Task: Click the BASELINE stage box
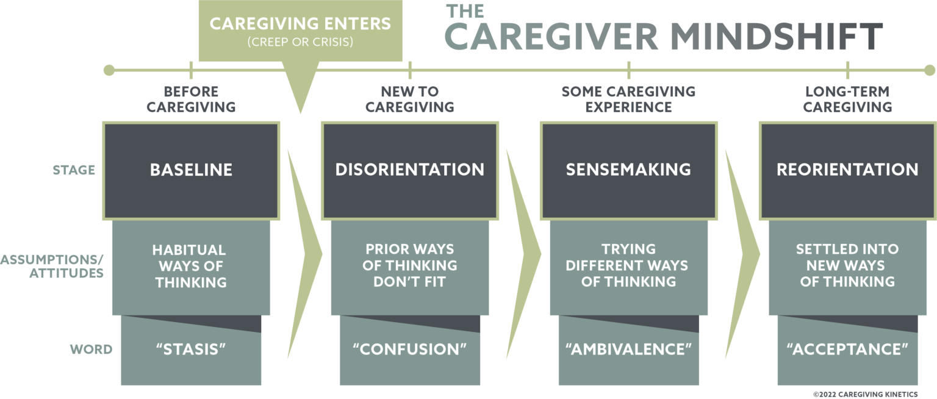point(191,170)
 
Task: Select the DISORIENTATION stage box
point(409,170)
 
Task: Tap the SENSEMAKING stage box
point(628,170)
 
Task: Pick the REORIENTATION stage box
point(847,170)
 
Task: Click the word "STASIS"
point(191,350)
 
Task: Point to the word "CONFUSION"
point(409,350)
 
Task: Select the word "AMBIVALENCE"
point(628,350)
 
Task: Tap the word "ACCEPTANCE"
point(847,350)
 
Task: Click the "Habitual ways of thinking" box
point(191,266)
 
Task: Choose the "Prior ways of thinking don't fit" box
point(409,266)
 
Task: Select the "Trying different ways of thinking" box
point(628,266)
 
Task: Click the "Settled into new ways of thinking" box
point(847,266)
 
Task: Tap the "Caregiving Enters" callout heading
point(300,24)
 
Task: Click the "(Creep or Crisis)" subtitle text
point(300,43)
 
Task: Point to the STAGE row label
point(73,170)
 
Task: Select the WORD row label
point(91,350)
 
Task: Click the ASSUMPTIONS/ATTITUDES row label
point(52,266)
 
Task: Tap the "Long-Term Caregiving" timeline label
point(847,99)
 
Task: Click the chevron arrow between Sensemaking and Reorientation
point(741,251)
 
